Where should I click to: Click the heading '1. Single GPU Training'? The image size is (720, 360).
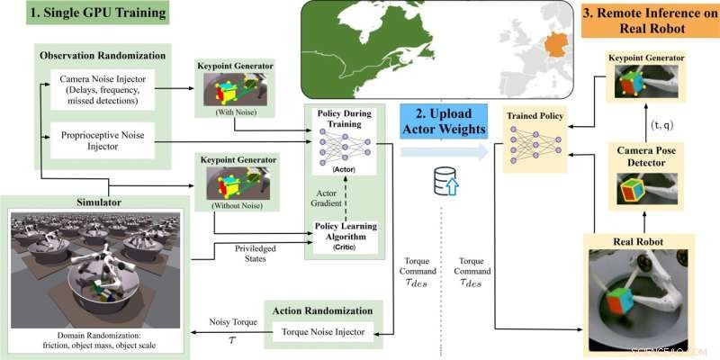point(86,15)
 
